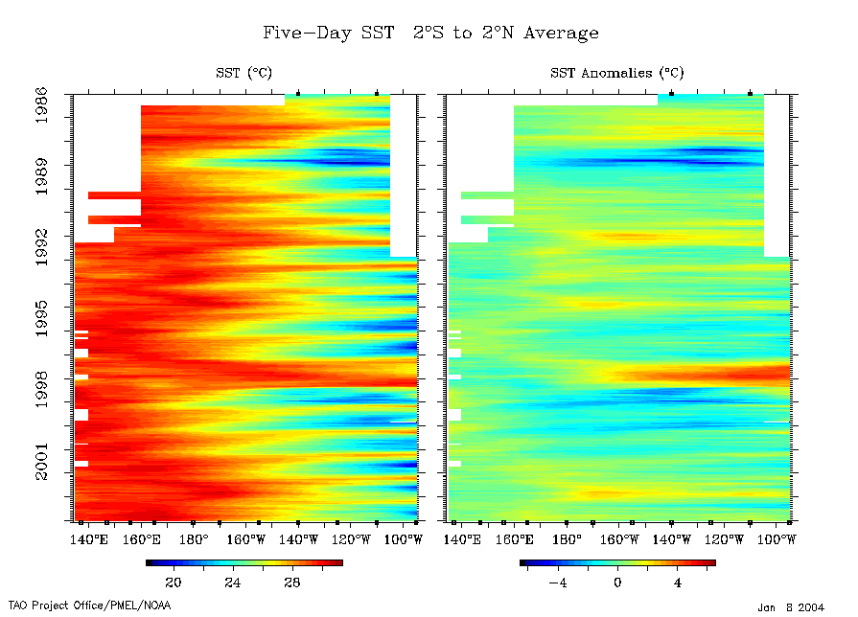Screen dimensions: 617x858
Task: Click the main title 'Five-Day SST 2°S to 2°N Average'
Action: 430,33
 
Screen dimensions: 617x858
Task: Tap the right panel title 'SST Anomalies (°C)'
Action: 617,73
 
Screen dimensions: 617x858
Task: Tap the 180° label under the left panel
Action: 194,539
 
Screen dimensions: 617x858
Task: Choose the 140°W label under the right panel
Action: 672,539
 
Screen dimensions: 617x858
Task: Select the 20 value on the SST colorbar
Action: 174,582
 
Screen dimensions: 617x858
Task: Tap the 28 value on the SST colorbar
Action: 291,582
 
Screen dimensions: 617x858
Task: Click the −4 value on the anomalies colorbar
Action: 555,582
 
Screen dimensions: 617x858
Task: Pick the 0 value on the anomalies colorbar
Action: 617,582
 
